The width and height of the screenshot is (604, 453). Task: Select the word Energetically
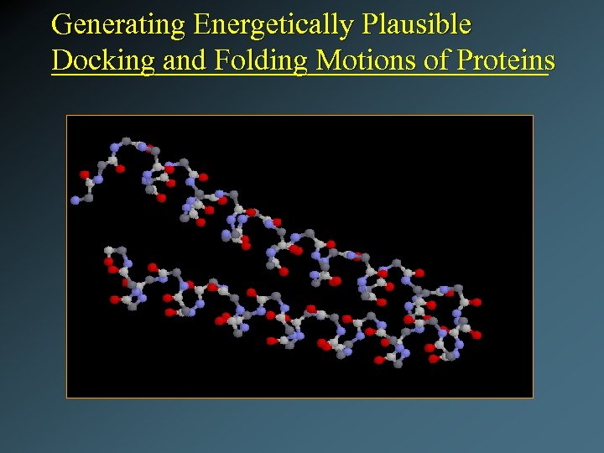[x=273, y=24]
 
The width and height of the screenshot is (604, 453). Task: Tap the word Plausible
[x=416, y=24]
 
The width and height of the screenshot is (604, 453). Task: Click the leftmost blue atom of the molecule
[x=75, y=200]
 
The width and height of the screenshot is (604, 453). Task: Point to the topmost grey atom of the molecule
[x=126, y=140]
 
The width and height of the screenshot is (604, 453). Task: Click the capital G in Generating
[x=61, y=24]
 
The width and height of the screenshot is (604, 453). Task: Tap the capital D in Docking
[x=60, y=60]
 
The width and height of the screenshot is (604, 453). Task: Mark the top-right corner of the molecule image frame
[x=533, y=116]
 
